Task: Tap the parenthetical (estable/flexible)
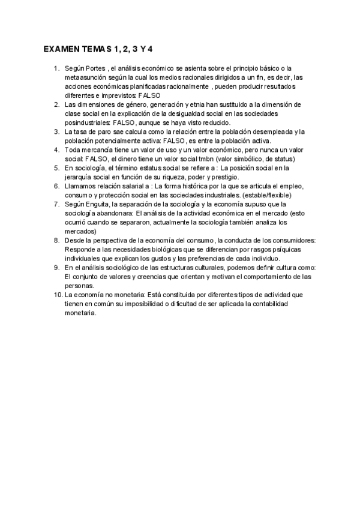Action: [x=263, y=194]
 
